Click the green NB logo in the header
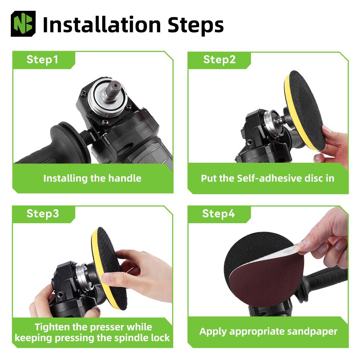coord(24,24)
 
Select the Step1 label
coord(42,59)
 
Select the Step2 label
coord(219,59)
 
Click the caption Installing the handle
coord(92,178)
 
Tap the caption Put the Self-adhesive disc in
coord(267,178)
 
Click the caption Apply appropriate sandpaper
coord(268,331)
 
